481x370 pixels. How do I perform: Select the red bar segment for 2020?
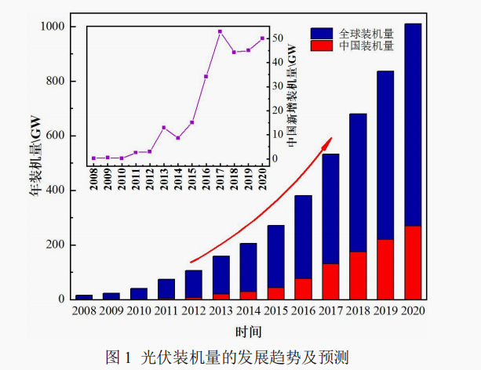coord(412,262)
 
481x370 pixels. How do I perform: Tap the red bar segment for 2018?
coord(358,275)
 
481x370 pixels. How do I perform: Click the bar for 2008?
coord(84,296)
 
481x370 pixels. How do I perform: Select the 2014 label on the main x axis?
coord(248,312)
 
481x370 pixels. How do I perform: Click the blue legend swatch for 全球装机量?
coord(322,34)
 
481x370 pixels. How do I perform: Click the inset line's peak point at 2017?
coord(220,31)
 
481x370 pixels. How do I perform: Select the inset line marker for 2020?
coord(262,38)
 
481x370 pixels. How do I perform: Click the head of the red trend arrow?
coord(330,139)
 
